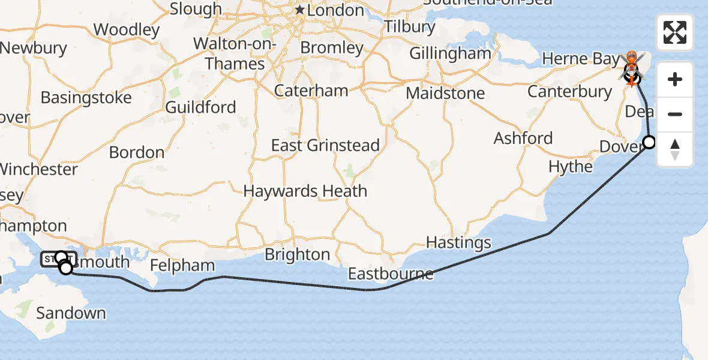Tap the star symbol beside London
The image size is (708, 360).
click(300, 10)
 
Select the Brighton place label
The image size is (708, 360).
click(297, 255)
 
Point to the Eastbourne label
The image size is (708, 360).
click(391, 274)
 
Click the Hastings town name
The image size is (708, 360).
click(458, 243)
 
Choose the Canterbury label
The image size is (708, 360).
click(569, 92)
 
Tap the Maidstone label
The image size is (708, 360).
click(445, 94)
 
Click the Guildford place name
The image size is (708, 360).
click(200, 107)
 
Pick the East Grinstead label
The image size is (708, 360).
click(325, 145)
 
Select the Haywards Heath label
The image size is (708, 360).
click(305, 191)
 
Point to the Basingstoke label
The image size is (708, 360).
click(86, 97)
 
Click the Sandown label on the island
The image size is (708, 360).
click(71, 313)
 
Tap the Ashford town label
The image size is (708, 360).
click(523, 138)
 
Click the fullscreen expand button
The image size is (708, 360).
click(675, 32)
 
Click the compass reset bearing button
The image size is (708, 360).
click(675, 149)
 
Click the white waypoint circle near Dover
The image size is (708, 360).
click(649, 142)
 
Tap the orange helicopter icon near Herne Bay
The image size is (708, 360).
click(631, 62)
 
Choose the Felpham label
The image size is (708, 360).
click(182, 265)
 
